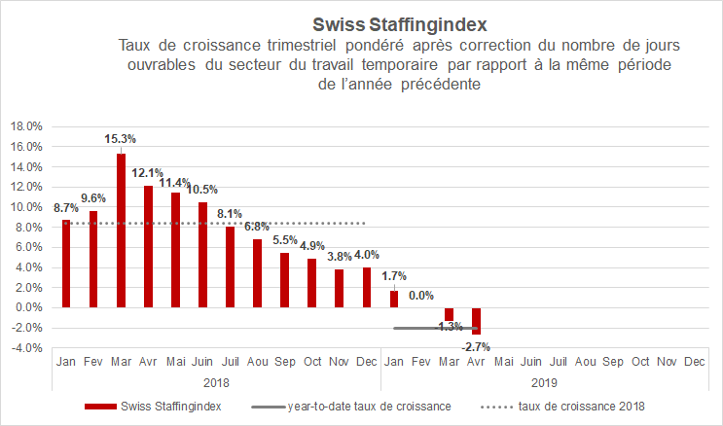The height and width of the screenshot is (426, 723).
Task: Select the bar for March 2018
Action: point(121,231)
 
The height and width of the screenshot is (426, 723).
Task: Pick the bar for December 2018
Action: point(366,288)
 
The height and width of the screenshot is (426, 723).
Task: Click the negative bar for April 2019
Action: point(476,321)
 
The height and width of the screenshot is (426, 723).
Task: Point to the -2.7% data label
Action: point(476,345)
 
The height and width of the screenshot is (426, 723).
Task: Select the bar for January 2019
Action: point(394,299)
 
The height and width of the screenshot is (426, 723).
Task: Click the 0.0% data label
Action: point(421,296)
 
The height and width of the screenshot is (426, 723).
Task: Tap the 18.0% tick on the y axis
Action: point(25,126)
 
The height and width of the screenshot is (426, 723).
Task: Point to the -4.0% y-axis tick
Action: point(25,348)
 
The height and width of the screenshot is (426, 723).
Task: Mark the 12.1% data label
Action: point(148,172)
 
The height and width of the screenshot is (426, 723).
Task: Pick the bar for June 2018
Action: point(202,255)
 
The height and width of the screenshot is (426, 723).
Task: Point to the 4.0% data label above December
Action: point(366,256)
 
